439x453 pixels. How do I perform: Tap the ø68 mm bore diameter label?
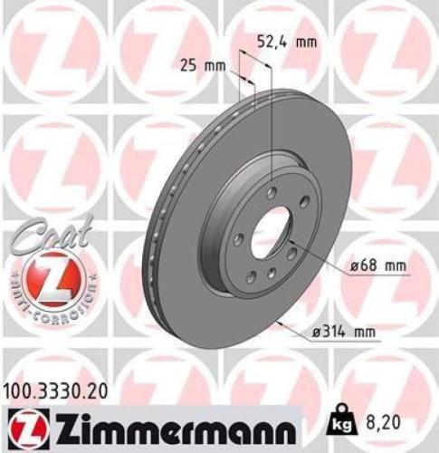(x=375, y=266)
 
